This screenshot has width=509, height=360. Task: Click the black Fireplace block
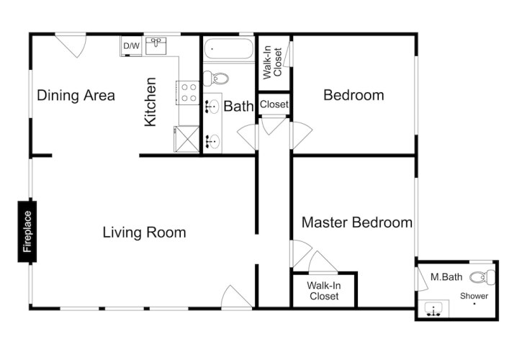click(27, 231)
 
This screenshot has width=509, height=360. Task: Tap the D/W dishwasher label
click(132, 46)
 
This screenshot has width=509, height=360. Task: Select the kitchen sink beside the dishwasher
click(156, 46)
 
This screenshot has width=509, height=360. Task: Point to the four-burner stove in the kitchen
click(189, 92)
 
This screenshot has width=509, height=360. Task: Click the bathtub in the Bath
click(229, 49)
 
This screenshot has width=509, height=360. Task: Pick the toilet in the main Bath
click(216, 78)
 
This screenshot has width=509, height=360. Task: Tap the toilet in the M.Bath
click(482, 277)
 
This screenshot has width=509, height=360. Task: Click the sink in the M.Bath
click(433, 309)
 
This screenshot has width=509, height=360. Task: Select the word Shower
click(474, 296)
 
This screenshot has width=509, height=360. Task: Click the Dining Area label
click(76, 96)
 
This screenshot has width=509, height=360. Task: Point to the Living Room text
click(144, 233)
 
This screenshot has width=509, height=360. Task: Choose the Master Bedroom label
click(357, 222)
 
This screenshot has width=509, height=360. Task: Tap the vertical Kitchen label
click(150, 102)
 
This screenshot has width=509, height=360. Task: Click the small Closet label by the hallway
click(274, 104)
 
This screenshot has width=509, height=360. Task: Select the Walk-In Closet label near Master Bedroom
click(324, 291)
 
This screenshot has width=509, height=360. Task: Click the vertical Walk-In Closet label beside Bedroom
click(272, 63)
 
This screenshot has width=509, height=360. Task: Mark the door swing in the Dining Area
click(73, 45)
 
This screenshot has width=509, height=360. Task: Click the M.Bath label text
click(446, 277)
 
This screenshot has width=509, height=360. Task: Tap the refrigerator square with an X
click(186, 139)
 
